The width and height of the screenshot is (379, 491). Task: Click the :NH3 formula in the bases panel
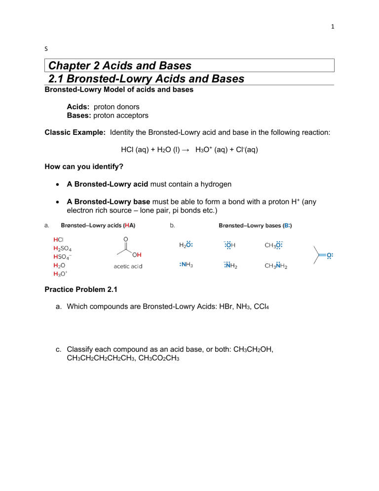tap(186, 265)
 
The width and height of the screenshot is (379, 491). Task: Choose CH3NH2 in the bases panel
tap(276, 266)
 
